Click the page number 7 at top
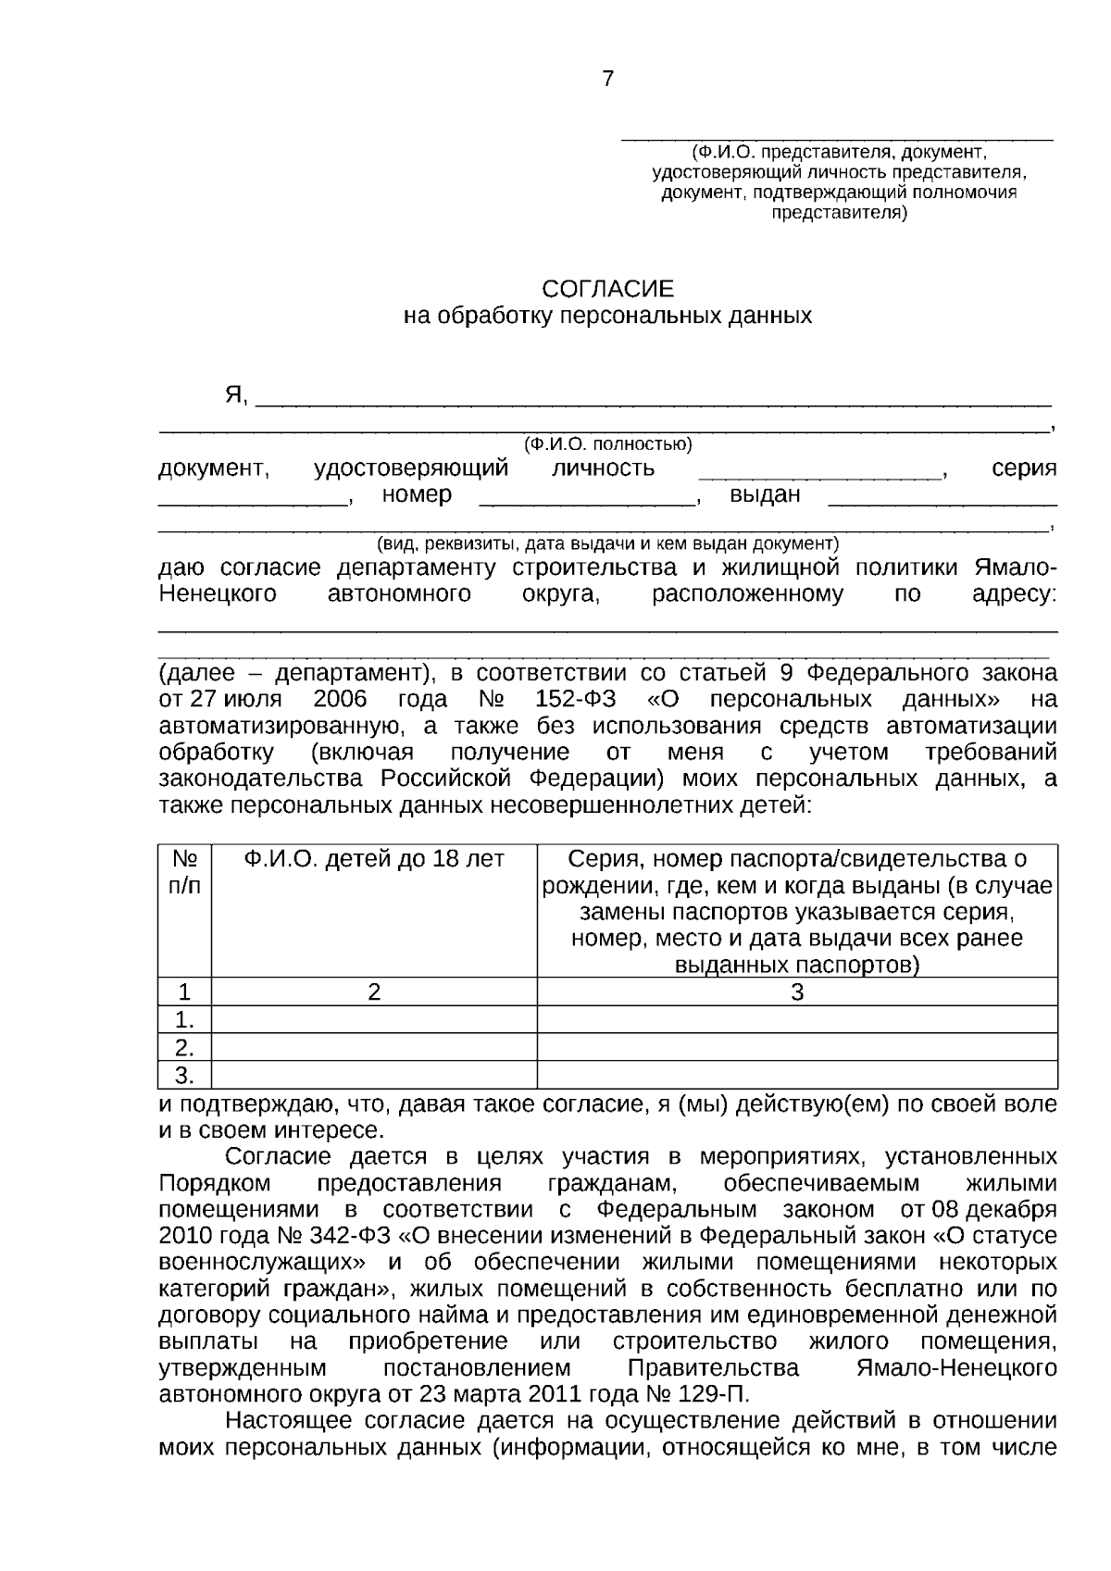pos(607,80)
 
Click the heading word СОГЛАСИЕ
pos(607,289)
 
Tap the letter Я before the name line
pos(235,396)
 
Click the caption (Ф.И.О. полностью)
pos(607,444)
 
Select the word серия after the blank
pos(1024,468)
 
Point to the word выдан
pos(765,495)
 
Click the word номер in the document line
pos(417,495)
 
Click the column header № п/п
pos(185,872)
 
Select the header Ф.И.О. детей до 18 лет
pos(374,859)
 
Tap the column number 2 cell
pos(374,992)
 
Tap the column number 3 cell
pos(797,992)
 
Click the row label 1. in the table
pos(185,1020)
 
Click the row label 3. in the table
pos(185,1075)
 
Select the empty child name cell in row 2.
pos(374,1048)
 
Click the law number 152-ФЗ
pos(575,699)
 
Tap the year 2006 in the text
pos(341,699)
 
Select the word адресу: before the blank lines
pos(1014,594)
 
